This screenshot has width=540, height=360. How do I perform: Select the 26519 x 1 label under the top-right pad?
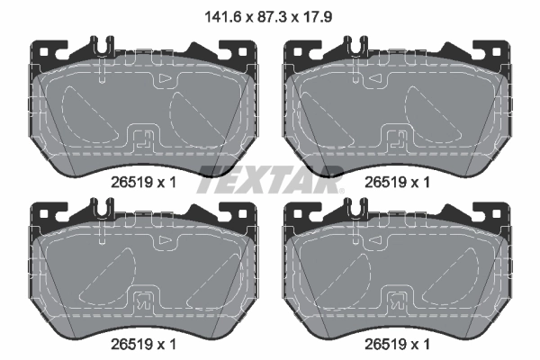[395, 181]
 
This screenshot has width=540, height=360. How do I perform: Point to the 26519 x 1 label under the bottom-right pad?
[395, 344]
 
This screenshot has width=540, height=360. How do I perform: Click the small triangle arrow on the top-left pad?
[165, 81]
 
